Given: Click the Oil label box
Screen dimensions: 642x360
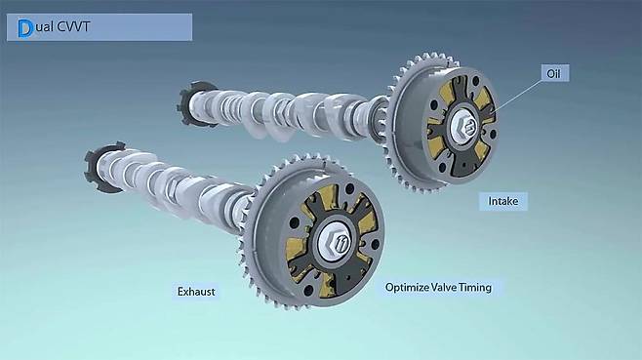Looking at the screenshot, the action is pos(555,73).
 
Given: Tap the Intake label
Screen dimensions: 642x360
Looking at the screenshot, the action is pos(503,201).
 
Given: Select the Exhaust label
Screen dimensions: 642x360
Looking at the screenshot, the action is pos(196,292).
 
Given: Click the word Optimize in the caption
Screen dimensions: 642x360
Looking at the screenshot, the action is pos(406,288).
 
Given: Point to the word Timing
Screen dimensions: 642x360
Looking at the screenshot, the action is pos(475,287).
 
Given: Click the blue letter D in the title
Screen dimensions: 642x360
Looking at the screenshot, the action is pos(25,28).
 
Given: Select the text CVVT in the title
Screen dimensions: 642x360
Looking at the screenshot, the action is pos(73,27).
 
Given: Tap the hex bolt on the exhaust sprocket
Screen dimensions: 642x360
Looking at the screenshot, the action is pos(334,242).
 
